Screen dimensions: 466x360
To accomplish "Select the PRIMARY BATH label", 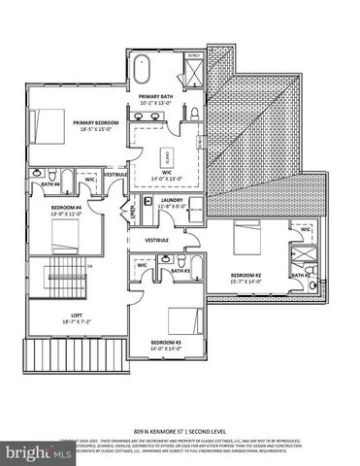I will click(x=155, y=97).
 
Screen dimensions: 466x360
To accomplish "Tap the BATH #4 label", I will click(x=49, y=183).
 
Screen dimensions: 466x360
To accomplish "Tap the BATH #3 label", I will click(x=180, y=271).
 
